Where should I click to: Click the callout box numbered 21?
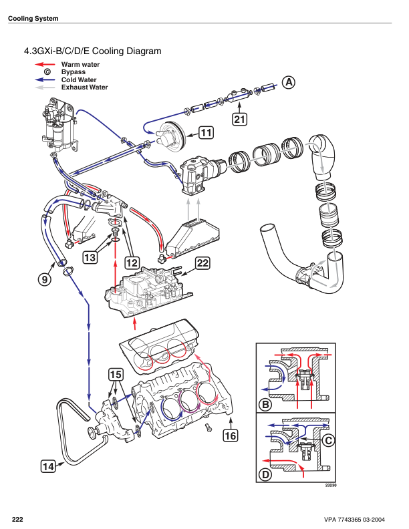click(240, 119)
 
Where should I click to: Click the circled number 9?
click(43, 280)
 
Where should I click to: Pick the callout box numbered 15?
click(116, 374)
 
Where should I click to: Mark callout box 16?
click(230, 436)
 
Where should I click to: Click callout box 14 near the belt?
click(47, 467)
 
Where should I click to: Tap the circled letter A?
click(288, 82)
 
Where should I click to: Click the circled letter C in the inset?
click(329, 440)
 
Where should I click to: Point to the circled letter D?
click(265, 475)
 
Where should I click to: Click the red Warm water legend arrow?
click(44, 65)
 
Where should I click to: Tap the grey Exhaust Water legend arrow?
click(44, 87)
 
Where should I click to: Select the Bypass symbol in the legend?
click(47, 72)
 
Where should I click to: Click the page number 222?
click(18, 519)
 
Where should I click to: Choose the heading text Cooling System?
click(33, 18)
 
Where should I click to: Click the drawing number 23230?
click(330, 486)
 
